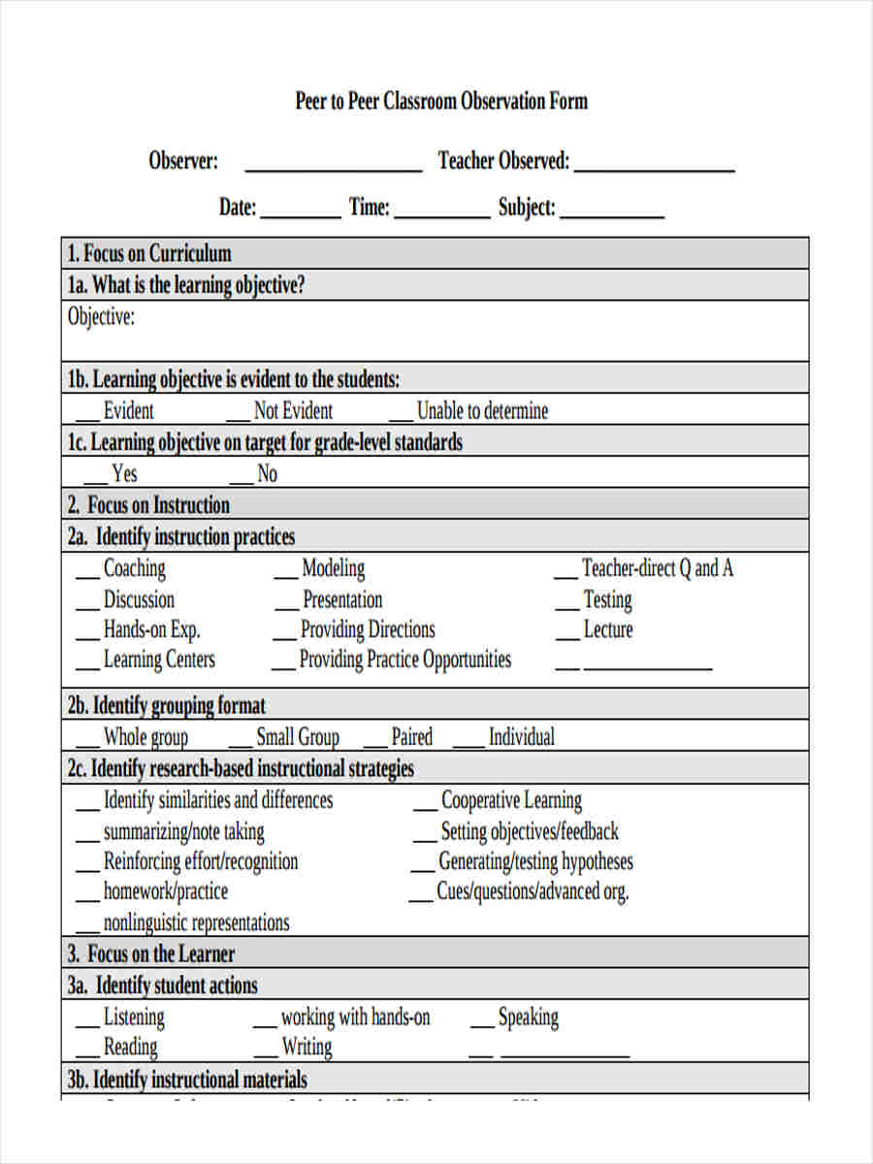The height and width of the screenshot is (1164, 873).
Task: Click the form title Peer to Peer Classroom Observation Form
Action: (441, 102)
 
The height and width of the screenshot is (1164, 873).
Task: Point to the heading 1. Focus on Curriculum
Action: (149, 254)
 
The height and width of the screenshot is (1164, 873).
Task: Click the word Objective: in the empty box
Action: (101, 317)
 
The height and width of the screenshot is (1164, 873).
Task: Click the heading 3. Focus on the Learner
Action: (151, 953)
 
